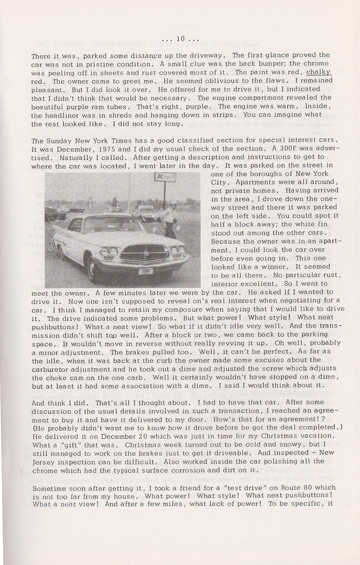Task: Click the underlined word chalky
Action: point(319,72)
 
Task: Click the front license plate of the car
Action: point(145,271)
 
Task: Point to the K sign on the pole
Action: point(165,178)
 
